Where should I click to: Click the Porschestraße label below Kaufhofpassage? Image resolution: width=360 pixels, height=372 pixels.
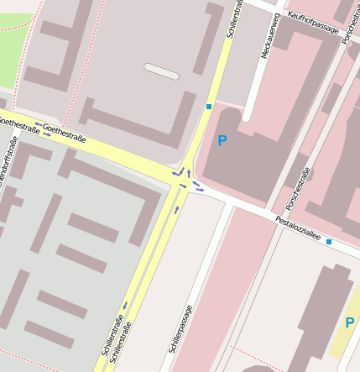point(297,189)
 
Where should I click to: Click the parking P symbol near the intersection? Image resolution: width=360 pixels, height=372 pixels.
point(222,141)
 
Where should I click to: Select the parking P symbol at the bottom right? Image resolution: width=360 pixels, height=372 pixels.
point(349,322)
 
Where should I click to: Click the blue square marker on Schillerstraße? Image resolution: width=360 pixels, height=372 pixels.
point(208,106)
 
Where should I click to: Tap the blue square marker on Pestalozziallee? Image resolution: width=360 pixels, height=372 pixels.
point(329,242)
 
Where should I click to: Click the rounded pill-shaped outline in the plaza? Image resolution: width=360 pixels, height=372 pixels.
point(161,71)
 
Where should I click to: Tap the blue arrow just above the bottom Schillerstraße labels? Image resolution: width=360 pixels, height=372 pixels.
point(125,305)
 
